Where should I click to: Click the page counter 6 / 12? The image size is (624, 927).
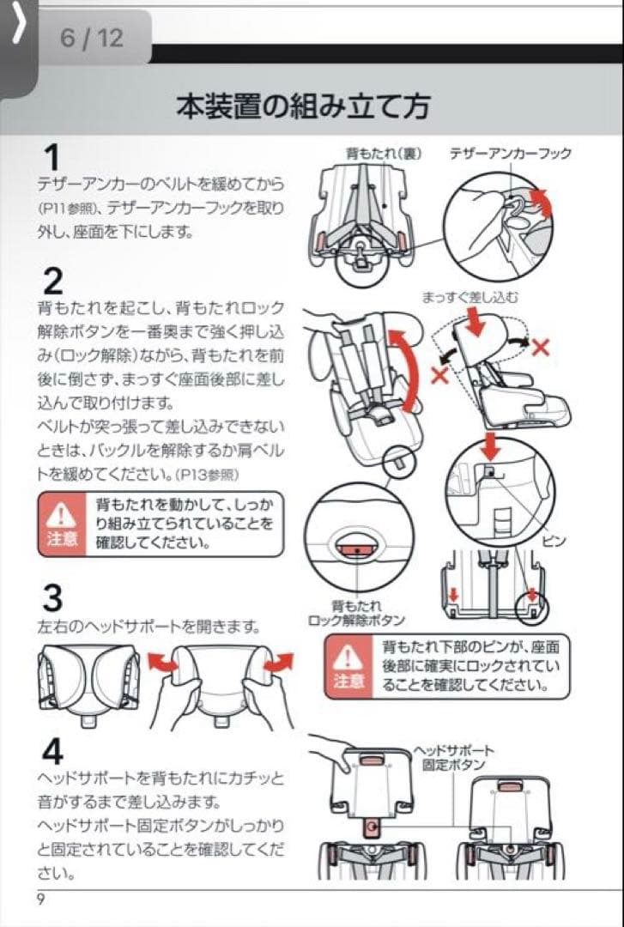pos(92,39)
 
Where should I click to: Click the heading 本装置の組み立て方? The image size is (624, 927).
pos(303,106)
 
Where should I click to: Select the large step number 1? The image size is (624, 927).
pos(51,158)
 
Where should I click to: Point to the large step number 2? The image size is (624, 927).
pos(52,281)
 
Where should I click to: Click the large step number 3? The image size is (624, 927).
pos(52,598)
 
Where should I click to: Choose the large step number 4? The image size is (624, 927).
pos(52,751)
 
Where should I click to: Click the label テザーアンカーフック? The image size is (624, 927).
pos(510,153)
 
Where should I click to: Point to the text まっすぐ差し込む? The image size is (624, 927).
pos(470,297)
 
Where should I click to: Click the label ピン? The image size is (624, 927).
pos(554,541)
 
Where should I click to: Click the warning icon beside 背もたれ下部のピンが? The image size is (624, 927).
pos(348,666)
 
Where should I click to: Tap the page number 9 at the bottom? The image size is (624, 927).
pos(40,899)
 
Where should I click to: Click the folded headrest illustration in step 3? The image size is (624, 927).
pos(89,678)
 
